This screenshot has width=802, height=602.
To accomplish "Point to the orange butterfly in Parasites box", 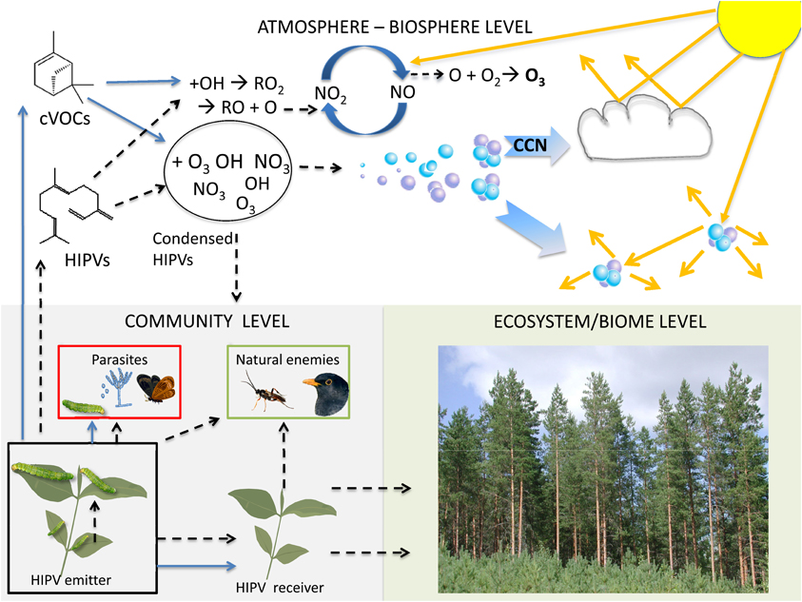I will [x=154, y=387].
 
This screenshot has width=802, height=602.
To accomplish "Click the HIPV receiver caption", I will [x=280, y=587].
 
